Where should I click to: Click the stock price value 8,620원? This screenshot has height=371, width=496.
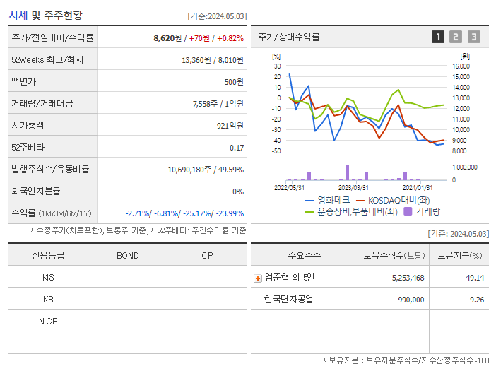click(167, 38)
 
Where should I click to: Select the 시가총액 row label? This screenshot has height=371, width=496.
click(28, 126)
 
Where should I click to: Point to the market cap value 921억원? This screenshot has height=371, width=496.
click(230, 126)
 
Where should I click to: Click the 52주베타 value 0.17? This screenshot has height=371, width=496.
click(237, 148)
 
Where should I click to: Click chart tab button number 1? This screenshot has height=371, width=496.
click(438, 37)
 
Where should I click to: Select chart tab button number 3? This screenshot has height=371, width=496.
click(473, 37)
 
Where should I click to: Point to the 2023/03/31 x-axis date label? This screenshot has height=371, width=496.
click(353, 187)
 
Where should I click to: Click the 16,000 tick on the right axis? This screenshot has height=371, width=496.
click(460, 66)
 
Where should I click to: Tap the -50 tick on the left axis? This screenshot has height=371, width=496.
click(276, 151)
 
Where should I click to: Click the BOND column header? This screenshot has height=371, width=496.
click(127, 255)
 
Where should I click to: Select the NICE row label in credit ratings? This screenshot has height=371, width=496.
click(48, 321)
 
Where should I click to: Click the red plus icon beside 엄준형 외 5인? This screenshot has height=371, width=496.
click(258, 278)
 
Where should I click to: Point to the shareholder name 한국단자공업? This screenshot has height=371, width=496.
click(288, 299)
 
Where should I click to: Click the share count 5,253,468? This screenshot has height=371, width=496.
click(408, 278)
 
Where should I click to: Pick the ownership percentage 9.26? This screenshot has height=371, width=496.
click(475, 299)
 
